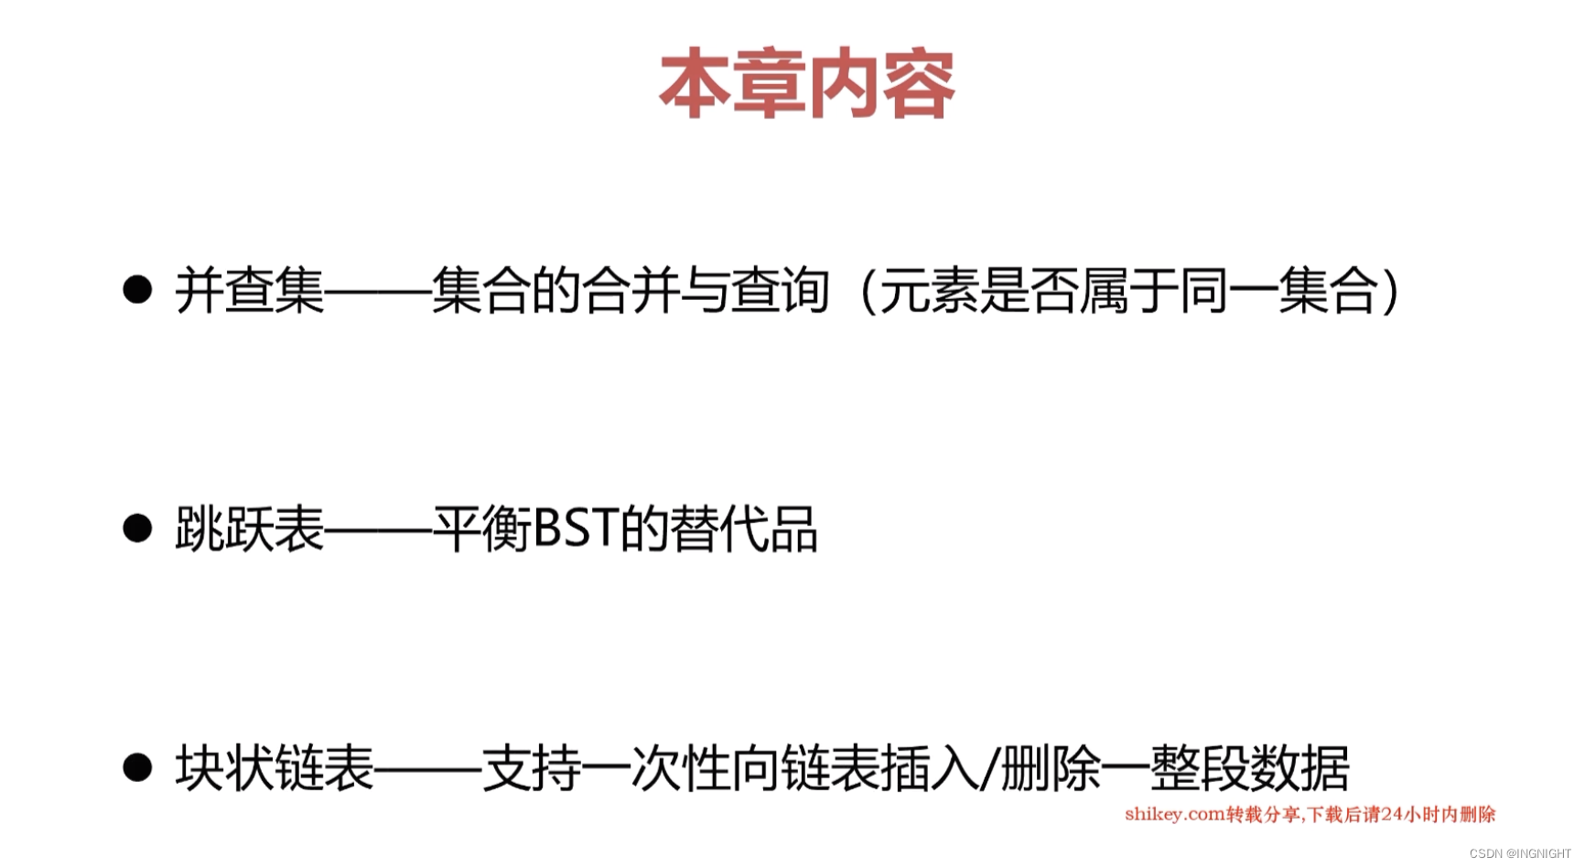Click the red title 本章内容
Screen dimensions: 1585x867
tap(806, 84)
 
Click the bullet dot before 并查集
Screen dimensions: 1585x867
tap(137, 290)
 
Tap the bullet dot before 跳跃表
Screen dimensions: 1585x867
tap(137, 528)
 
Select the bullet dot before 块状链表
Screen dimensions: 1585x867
tap(137, 767)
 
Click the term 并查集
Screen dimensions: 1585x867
tap(250, 291)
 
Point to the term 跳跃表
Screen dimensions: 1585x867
tap(250, 529)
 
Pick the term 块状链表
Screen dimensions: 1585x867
tap(275, 768)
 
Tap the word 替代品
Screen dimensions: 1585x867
tap(743, 529)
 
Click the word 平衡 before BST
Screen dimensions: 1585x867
tap(481, 529)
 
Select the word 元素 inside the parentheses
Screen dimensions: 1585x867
tap(929, 291)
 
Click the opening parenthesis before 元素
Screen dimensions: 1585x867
tap(866, 291)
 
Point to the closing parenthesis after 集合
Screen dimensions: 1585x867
tap(1392, 291)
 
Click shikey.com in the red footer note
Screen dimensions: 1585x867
tap(1174, 814)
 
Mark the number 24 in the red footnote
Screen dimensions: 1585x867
tap(1392, 814)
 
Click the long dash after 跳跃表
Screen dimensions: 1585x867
tap(378, 529)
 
